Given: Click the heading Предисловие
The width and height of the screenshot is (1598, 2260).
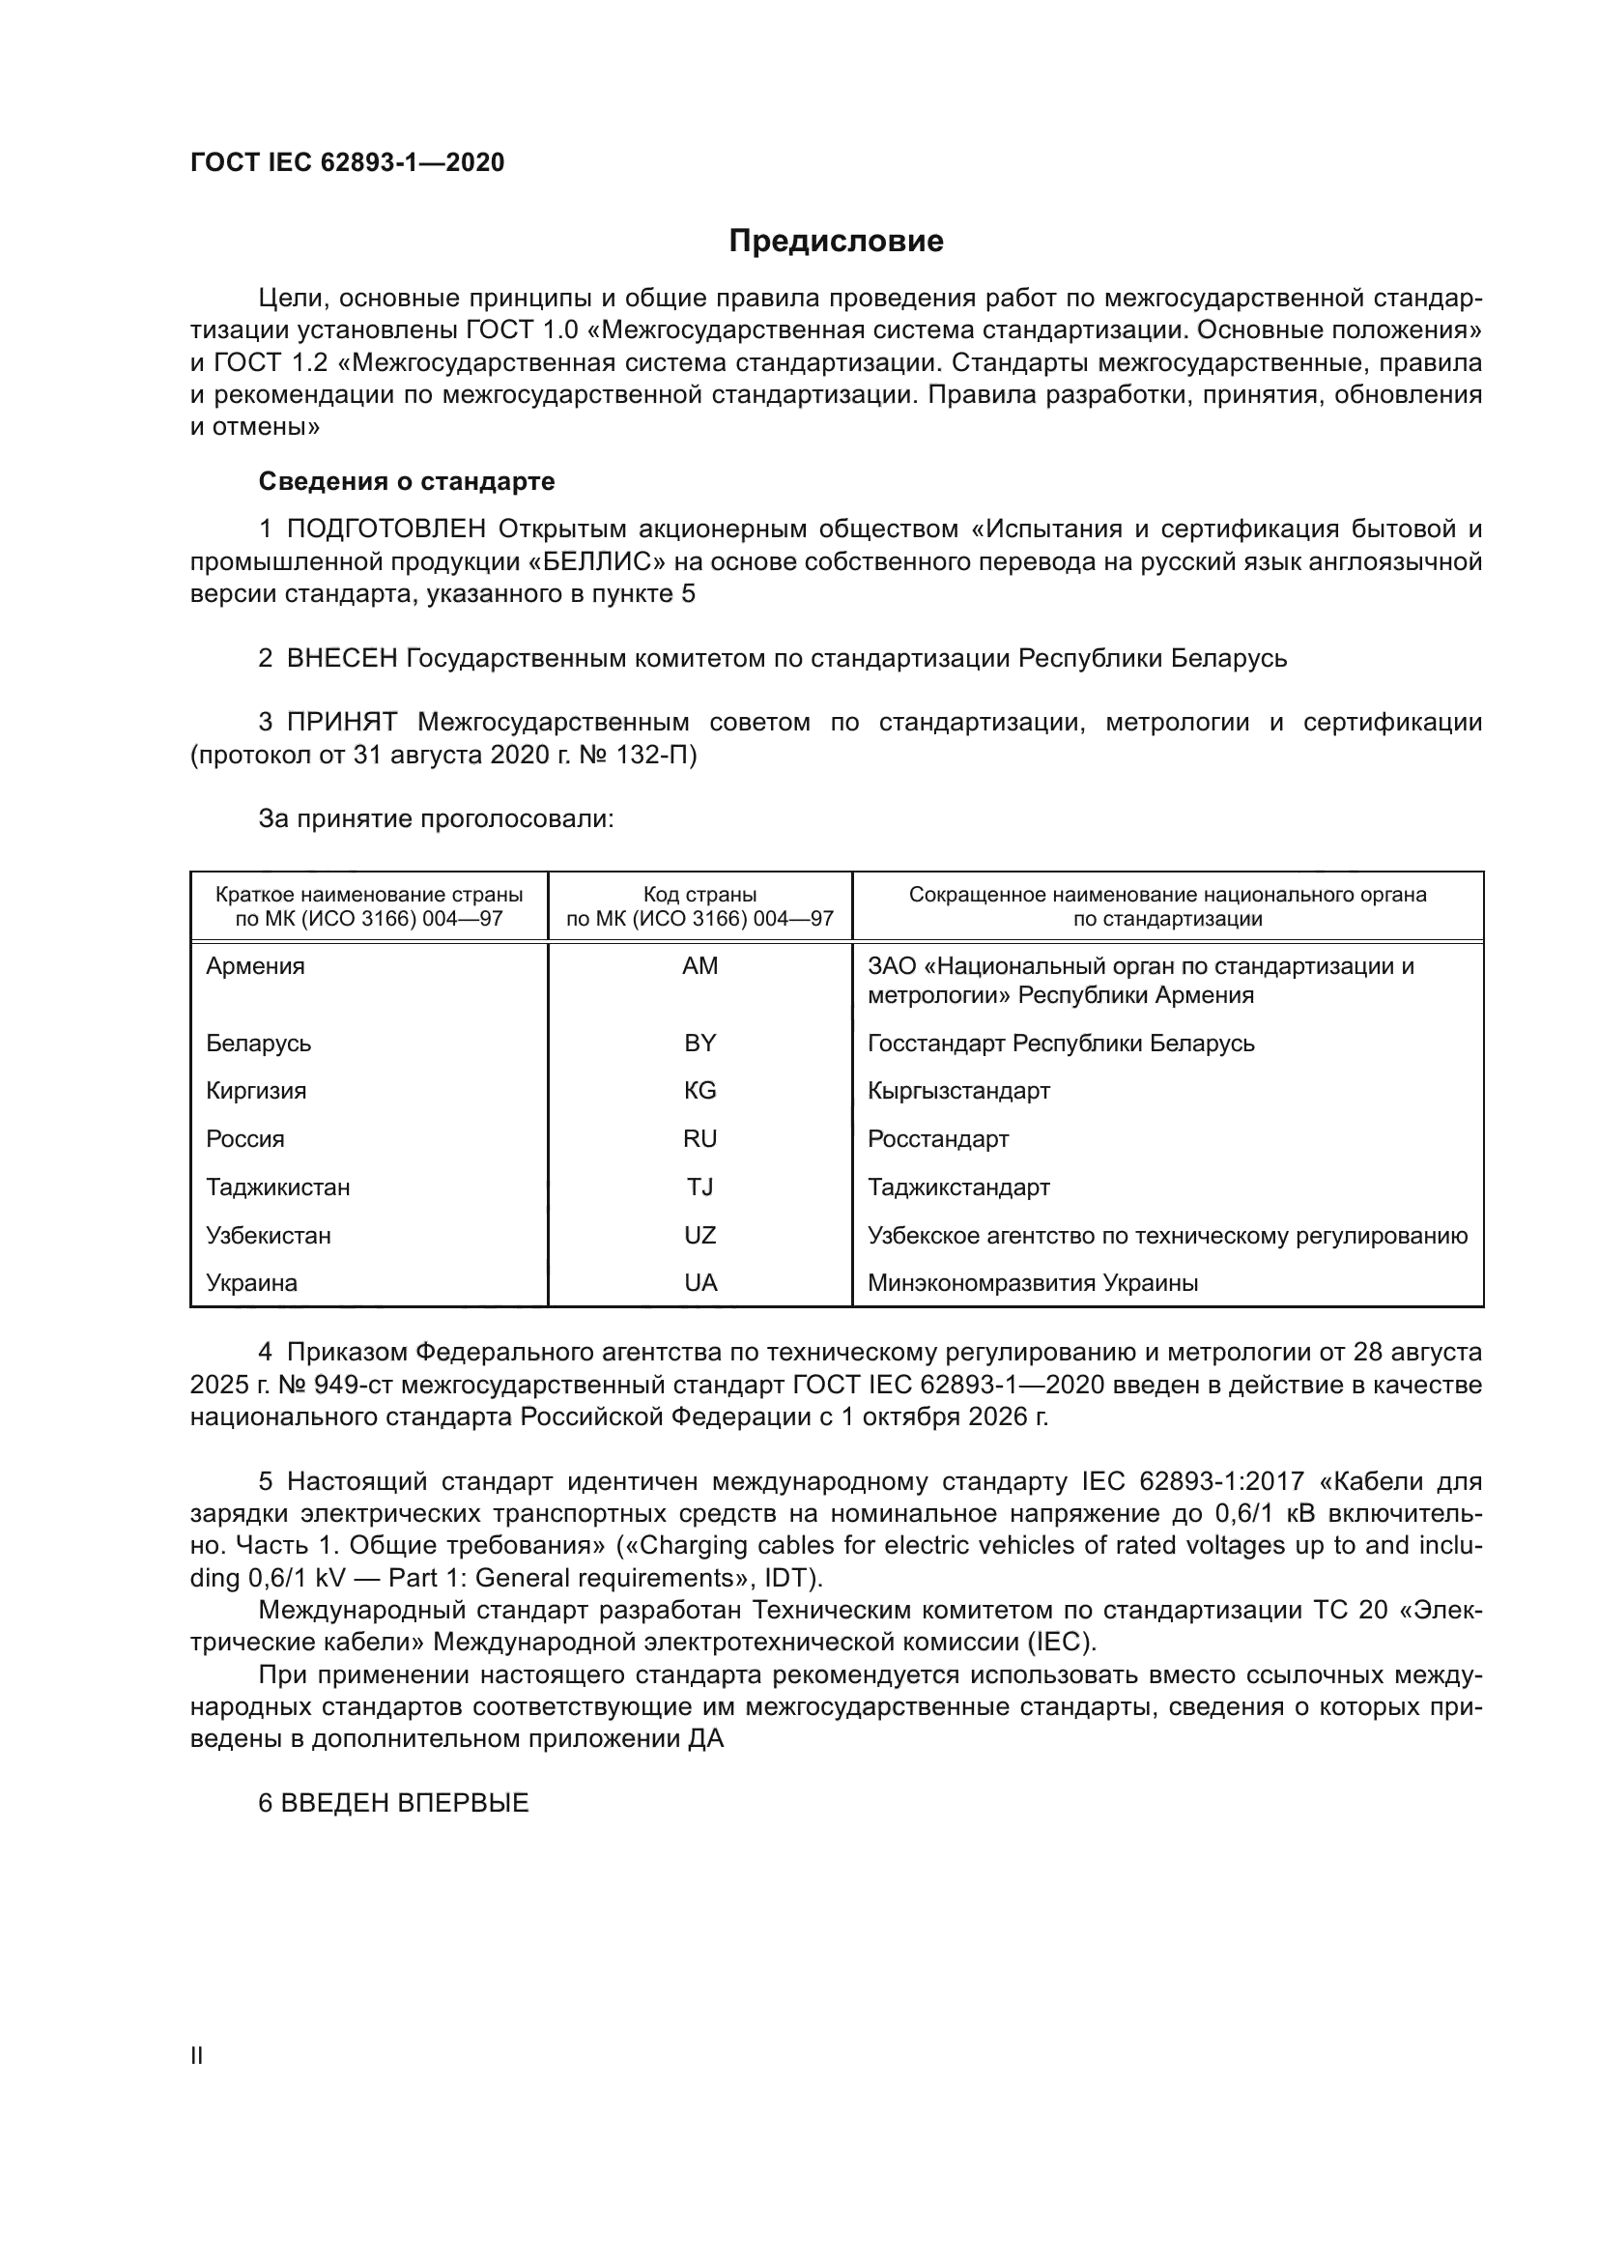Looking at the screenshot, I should pos(836,242).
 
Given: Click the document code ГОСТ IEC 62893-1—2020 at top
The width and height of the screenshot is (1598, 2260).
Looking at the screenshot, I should pos(347,162).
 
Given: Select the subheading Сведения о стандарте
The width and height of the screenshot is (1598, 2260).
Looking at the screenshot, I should pos(407,481).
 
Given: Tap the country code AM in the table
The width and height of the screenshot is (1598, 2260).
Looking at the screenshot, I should pos(699,965).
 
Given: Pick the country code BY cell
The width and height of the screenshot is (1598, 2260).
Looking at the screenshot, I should pos(699,1043).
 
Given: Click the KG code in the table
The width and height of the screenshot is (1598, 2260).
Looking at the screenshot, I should pos(699,1091).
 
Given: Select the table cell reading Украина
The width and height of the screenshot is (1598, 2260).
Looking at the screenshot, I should pos(251,1282).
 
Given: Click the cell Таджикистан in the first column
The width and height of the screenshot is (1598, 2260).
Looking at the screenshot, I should pos(277,1187).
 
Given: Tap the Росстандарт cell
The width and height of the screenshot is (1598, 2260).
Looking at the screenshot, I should pos(938,1139).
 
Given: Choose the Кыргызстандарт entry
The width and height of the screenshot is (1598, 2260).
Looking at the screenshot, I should pos(958,1091).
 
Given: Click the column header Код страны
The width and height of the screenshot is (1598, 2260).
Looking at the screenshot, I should pos(699,895).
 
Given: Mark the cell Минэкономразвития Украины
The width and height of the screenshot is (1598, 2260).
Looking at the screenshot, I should pos(1032,1282).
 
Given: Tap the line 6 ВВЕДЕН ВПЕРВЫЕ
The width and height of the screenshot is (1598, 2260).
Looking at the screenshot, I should pos(393,1803).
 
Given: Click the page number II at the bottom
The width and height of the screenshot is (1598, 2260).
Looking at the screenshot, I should pos(197,2055).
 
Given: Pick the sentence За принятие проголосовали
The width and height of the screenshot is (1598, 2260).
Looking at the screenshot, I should pos(436,819).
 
